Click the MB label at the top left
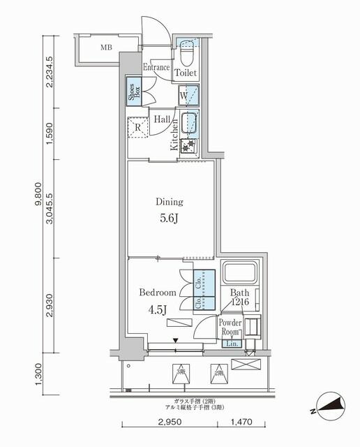coord(106,47)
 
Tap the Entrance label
coord(156,68)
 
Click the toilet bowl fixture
coord(186,52)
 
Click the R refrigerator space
coord(137,128)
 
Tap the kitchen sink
coord(189,123)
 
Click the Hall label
coord(163,119)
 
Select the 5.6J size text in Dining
coord(170,217)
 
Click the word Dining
coord(170,202)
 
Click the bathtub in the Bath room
coord(241,275)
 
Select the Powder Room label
coord(230,328)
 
